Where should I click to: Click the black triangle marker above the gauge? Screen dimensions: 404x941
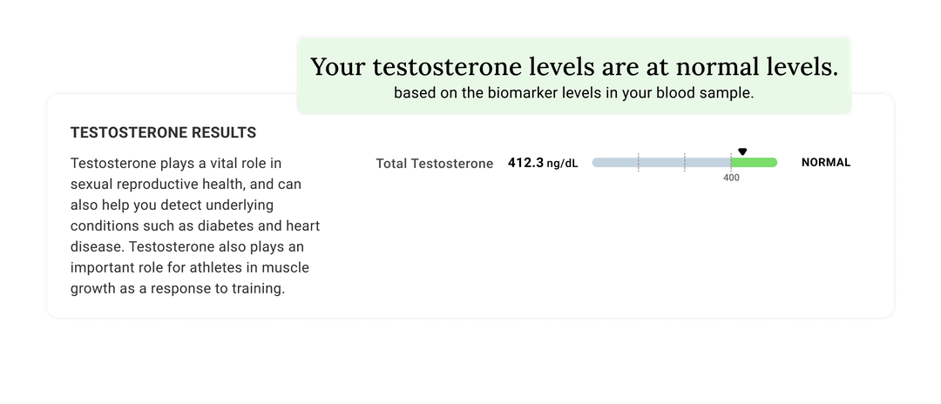742,151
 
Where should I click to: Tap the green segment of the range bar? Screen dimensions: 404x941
754,163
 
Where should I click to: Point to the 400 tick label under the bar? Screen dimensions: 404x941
731,178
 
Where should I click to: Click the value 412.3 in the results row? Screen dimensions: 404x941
525,163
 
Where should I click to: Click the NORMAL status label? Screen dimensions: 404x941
825,163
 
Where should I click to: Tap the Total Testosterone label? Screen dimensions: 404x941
434,164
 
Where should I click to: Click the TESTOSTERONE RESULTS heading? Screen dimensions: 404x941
163,133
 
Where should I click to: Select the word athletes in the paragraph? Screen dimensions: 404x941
213,267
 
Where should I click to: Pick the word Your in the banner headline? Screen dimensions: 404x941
337,67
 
